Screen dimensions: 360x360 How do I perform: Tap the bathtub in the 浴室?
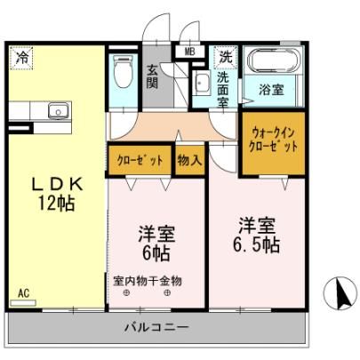273,61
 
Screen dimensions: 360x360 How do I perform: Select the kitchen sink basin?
59,111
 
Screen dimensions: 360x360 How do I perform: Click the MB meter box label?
189,52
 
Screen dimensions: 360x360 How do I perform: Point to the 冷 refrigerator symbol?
21,57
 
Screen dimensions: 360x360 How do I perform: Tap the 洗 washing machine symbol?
226,57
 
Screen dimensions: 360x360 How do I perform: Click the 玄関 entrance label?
153,77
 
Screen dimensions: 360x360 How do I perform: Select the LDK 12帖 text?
56,195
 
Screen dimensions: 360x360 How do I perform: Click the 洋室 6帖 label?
156,244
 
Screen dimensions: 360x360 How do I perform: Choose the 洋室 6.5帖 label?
257,236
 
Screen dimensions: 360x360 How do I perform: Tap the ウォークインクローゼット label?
273,140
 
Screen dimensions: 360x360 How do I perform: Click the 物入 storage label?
189,161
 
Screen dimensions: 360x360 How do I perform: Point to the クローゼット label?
140,161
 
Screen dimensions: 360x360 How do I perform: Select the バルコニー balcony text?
156,327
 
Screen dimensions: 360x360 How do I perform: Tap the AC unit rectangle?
23,303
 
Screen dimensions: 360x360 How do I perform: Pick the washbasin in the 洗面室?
202,83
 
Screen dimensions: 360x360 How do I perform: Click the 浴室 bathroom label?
272,90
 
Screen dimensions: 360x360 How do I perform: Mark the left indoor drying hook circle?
126,293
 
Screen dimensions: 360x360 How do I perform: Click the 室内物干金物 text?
148,281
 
